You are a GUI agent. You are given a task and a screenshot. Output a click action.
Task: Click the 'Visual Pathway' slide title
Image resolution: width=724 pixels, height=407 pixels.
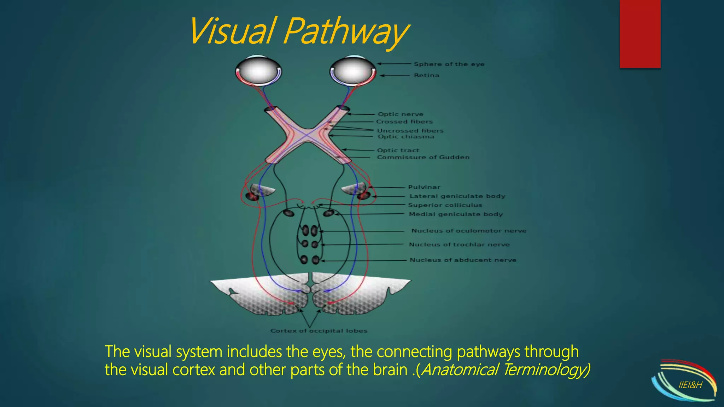299,32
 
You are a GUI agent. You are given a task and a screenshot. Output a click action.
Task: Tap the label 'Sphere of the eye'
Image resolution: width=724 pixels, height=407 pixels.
449,64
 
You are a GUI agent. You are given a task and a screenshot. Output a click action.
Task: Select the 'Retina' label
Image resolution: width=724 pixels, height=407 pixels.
427,75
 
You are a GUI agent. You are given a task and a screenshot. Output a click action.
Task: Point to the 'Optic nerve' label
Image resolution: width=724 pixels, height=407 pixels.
401,114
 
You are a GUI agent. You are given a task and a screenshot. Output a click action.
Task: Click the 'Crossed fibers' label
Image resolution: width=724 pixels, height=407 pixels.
404,122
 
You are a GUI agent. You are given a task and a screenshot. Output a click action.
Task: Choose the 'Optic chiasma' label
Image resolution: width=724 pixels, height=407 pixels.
406,137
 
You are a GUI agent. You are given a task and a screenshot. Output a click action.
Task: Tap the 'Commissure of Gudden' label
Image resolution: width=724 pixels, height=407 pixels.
423,157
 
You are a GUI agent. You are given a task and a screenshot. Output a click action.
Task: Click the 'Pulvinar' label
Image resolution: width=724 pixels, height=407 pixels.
424,187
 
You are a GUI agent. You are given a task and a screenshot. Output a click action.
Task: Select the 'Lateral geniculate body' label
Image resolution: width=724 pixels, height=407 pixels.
457,196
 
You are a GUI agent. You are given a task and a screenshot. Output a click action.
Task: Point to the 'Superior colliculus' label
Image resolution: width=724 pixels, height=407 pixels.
445,205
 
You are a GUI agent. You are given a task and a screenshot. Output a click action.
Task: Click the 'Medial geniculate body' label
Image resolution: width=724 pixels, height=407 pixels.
456,214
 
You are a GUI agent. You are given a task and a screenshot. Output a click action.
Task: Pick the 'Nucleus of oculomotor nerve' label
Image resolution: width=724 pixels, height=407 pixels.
469,231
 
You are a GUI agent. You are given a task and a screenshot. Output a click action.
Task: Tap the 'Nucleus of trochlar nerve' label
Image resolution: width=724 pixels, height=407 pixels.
459,244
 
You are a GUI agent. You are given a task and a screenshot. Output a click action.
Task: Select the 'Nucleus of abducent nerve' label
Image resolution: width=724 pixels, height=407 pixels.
463,260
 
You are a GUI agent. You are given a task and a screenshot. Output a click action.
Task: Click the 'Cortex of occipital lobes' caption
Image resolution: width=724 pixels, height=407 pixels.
319,331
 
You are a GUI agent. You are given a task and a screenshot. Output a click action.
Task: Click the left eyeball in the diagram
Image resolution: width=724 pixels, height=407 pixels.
258,70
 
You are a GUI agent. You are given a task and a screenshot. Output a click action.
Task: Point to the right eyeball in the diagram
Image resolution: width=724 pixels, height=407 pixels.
353,70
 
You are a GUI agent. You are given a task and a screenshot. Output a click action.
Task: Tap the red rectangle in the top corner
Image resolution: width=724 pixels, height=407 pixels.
640,34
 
